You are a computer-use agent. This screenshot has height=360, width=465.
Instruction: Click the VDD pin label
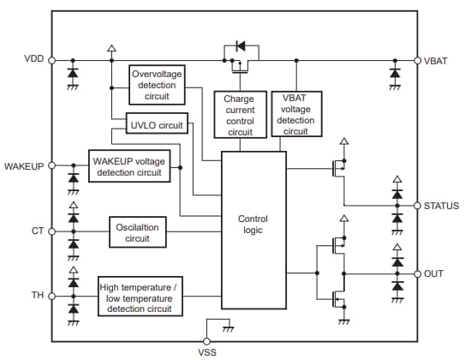coord(33,59)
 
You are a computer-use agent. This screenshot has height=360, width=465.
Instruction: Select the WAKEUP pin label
coord(24,164)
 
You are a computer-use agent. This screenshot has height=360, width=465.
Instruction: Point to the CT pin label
coord(38,231)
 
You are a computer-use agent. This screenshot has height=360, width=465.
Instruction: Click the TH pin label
coord(38,295)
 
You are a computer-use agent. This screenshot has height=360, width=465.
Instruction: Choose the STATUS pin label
coord(441,207)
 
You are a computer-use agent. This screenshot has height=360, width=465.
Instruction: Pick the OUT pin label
coord(433,273)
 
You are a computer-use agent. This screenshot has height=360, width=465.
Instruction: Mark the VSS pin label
coord(207,351)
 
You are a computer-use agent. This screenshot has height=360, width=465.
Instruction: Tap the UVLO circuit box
coord(155,125)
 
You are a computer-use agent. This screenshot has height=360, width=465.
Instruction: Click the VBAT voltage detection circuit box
coord(295,114)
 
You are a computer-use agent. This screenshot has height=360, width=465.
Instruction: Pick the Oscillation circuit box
coord(137,232)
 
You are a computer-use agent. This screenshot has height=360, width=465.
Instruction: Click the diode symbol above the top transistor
coord(241,45)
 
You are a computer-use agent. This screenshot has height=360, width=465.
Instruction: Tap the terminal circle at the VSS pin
coord(207,340)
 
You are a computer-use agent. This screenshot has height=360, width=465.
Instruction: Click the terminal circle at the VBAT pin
coord(417,61)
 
